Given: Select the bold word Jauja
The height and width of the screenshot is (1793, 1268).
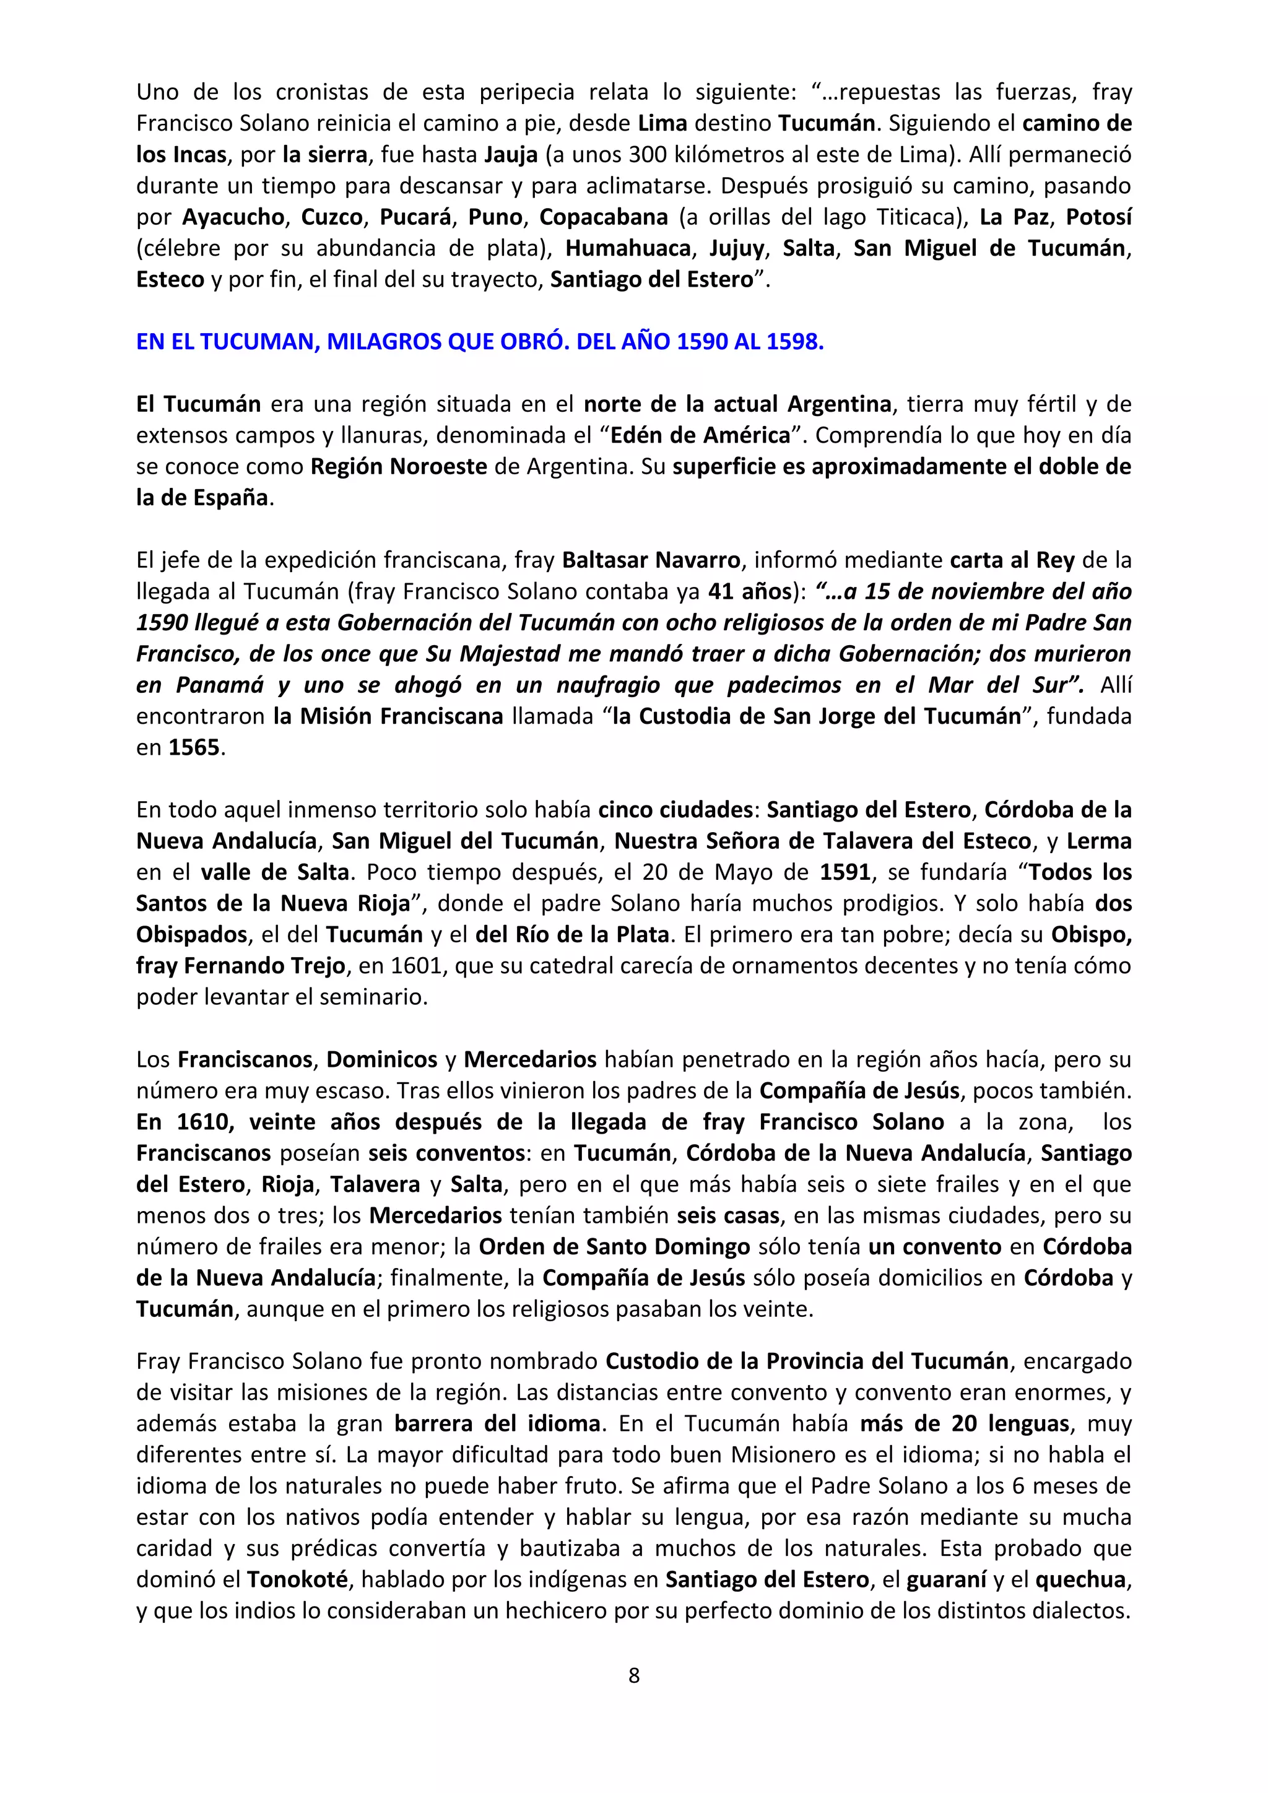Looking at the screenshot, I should (511, 155).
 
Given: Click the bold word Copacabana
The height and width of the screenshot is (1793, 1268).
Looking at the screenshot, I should (604, 217).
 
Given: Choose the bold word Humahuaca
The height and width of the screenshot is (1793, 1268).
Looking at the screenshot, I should (628, 248).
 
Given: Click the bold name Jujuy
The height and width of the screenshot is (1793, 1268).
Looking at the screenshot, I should (736, 248).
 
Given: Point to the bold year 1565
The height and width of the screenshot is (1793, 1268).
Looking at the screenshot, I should (194, 747).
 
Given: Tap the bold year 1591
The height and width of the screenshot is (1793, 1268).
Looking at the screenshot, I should (845, 872).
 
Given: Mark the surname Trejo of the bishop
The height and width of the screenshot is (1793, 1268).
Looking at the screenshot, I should (315, 966).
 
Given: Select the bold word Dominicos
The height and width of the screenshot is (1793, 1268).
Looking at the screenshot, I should (382, 1060).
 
